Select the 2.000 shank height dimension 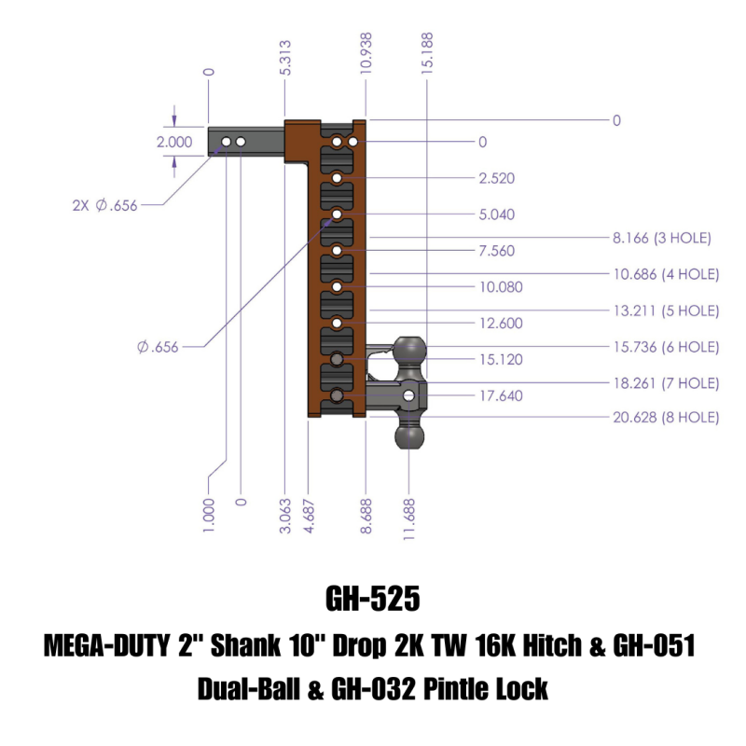(x=173, y=143)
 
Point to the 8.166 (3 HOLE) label (x=662, y=239)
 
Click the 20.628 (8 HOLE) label (x=666, y=418)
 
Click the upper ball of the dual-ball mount (x=410, y=352)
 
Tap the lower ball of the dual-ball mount (x=410, y=436)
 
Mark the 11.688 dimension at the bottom (x=410, y=514)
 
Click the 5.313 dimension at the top (x=284, y=58)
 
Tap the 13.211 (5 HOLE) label (x=666, y=311)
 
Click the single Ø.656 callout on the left (x=158, y=348)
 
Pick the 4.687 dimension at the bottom (x=308, y=514)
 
